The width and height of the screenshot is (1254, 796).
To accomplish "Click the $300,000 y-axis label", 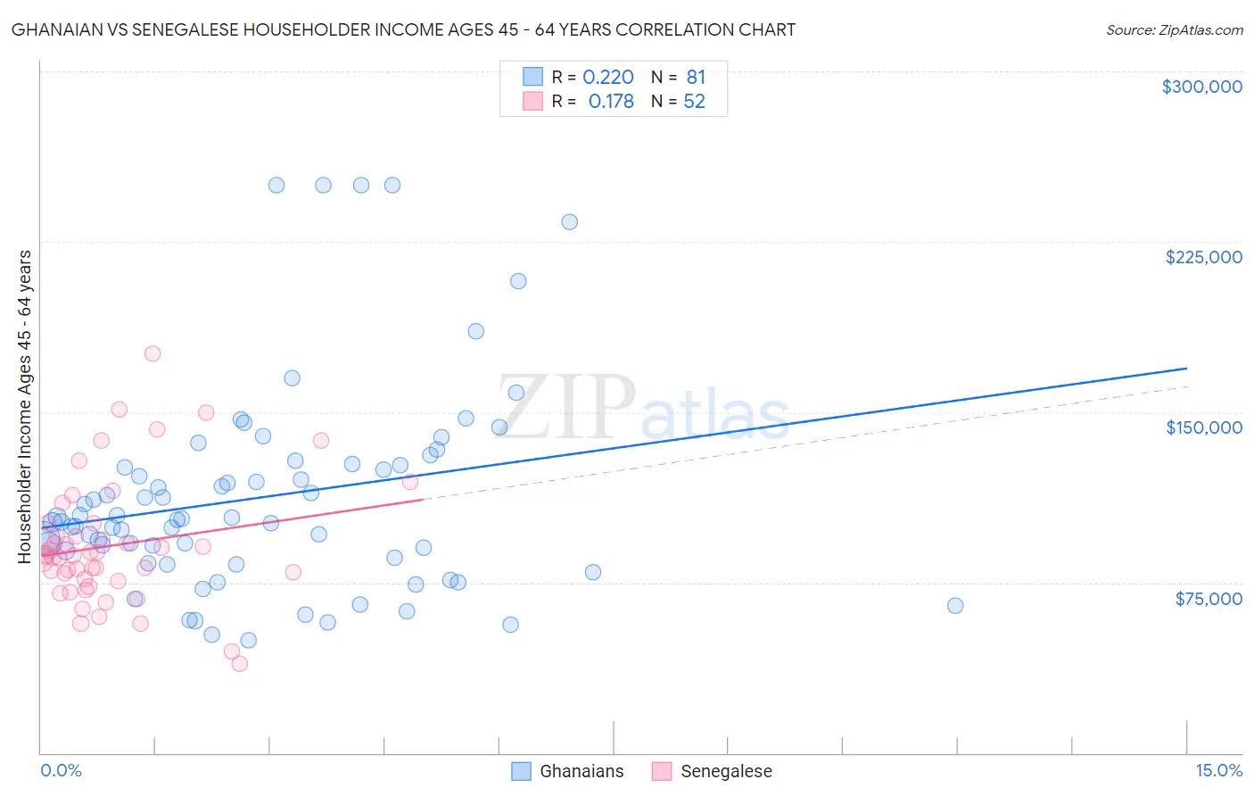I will (x=1201, y=87).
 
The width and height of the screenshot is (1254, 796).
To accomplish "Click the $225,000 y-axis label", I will (x=1203, y=257).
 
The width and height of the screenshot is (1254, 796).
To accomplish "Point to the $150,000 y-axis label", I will (x=1203, y=427).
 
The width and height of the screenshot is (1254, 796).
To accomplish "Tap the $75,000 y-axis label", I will (x=1208, y=599).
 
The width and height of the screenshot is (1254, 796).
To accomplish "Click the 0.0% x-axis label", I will (x=61, y=771).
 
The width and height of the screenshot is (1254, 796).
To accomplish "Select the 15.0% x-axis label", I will (x=1218, y=771).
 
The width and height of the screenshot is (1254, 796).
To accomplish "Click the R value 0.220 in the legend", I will (x=608, y=78).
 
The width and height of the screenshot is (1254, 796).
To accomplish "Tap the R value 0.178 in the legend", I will (x=611, y=102).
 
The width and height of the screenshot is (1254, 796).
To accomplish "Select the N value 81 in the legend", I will (x=696, y=78).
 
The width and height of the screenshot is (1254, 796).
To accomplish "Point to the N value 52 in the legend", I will (x=694, y=102).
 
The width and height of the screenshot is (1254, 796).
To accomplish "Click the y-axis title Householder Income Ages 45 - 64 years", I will (x=25, y=407).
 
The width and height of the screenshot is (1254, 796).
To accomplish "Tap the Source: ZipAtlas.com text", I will (x=1174, y=30).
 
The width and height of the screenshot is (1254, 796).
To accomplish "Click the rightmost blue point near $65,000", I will (x=955, y=606).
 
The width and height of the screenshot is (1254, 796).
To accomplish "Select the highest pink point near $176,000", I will (x=153, y=353).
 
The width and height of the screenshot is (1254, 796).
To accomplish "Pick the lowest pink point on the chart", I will (x=239, y=664).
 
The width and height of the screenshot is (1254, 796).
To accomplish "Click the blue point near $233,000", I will (x=569, y=222).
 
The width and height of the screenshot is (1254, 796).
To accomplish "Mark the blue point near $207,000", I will (x=518, y=281).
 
